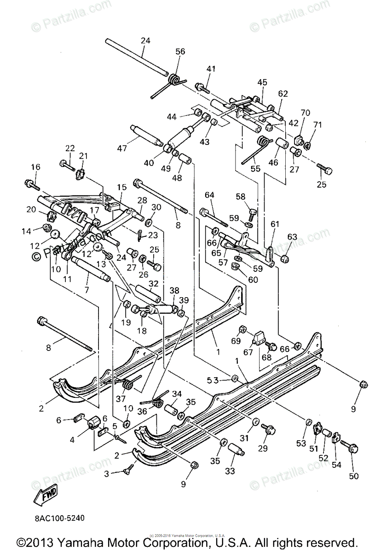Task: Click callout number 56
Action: click(x=180, y=52)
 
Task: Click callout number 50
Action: click(x=353, y=476)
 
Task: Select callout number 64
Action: click(x=209, y=195)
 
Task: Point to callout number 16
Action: click(x=35, y=167)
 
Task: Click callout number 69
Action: click(x=236, y=341)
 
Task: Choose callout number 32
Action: click(x=153, y=283)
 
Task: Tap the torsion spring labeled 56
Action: click(x=173, y=80)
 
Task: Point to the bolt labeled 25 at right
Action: click(x=325, y=170)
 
